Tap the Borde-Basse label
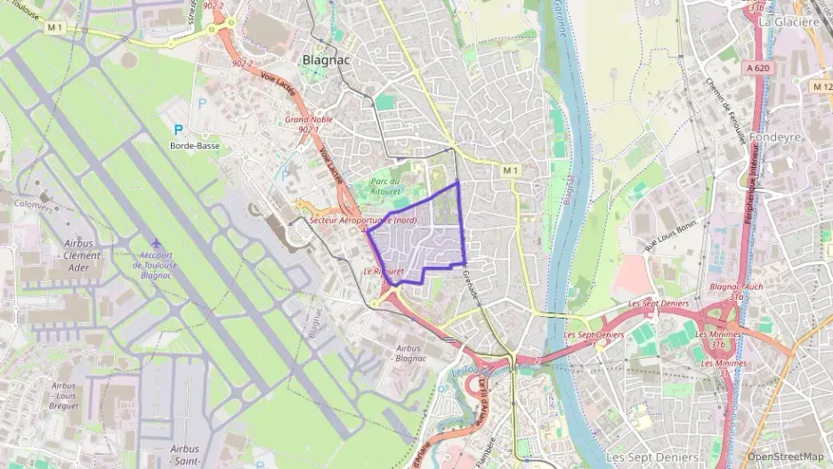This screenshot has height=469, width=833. tap(195, 145)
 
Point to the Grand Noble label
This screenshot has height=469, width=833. tap(303, 118)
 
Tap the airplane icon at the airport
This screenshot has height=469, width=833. tap(158, 243)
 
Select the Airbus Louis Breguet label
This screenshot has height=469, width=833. tap(64, 396)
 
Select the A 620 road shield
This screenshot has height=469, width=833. tap(758, 68)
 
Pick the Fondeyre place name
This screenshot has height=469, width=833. tap(776, 137)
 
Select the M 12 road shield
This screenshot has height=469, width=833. tap(821, 86)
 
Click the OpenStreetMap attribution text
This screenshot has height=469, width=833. tap(786, 457)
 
